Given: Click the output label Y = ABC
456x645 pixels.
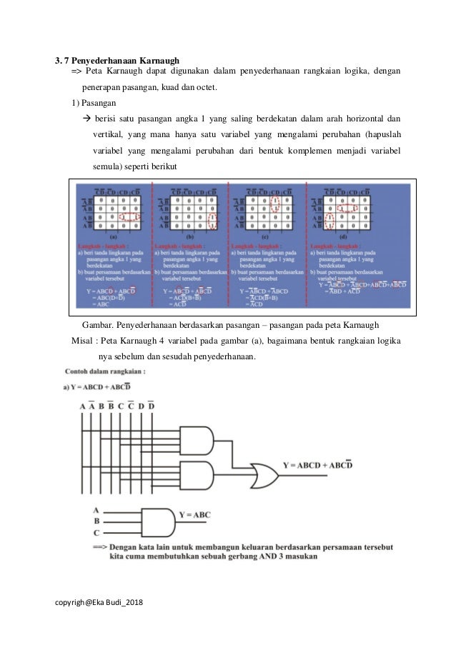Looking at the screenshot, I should pos(194,514).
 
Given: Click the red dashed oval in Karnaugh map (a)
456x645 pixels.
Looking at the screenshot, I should pos(129,216).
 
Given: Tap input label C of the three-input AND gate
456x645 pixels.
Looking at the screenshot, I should pos(96,533).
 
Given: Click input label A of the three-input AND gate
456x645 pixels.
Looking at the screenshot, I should pos(96,510).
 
